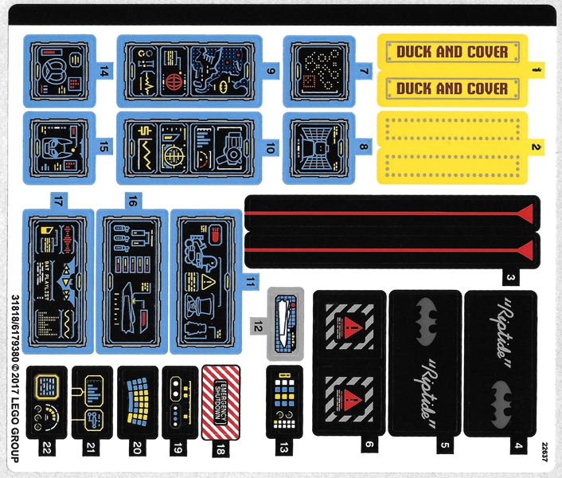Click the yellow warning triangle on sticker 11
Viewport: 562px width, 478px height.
[208, 283]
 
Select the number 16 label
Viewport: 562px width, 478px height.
[133, 201]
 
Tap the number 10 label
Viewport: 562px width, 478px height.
[271, 148]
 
